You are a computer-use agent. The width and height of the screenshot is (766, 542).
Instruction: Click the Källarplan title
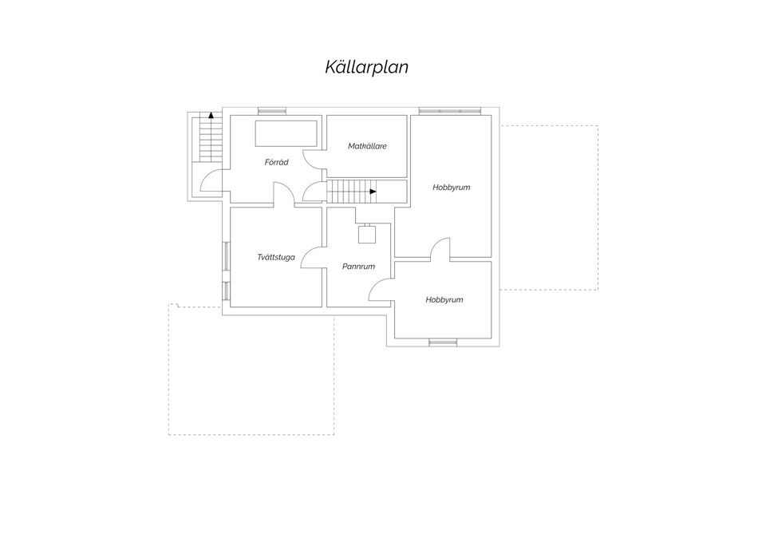pyautogui.click(x=366, y=67)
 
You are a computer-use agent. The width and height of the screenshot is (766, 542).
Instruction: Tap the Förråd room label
pyautogui.click(x=277, y=162)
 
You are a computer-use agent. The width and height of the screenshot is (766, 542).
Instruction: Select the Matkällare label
pyautogui.click(x=367, y=146)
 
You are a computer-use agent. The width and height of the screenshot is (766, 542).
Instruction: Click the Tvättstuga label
pyautogui.click(x=276, y=257)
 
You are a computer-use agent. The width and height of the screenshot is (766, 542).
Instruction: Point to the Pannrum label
pyautogui.click(x=358, y=267)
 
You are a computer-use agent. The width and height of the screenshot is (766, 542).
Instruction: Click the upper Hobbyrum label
pyautogui.click(x=452, y=187)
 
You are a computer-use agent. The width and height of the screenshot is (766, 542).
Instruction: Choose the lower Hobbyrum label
pyautogui.click(x=444, y=299)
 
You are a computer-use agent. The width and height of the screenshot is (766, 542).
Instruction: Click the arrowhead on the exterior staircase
pyautogui.click(x=211, y=115)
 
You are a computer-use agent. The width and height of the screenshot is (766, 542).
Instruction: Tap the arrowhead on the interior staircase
pyautogui.click(x=373, y=192)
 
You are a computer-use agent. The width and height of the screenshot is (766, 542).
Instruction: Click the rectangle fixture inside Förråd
pyautogui.click(x=286, y=133)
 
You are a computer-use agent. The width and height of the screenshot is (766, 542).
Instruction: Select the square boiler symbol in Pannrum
pyautogui.click(x=366, y=234)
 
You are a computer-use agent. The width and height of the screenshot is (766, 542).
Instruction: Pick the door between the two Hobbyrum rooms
pyautogui.click(x=440, y=247)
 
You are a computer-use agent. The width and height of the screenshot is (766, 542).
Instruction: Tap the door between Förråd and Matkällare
pyautogui.click(x=313, y=160)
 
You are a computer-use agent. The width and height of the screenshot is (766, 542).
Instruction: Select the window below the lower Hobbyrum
pyautogui.click(x=443, y=342)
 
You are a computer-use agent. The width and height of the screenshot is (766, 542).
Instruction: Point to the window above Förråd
pyautogui.click(x=270, y=111)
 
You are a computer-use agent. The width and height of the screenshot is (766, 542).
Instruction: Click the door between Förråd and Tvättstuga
pyautogui.click(x=284, y=192)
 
